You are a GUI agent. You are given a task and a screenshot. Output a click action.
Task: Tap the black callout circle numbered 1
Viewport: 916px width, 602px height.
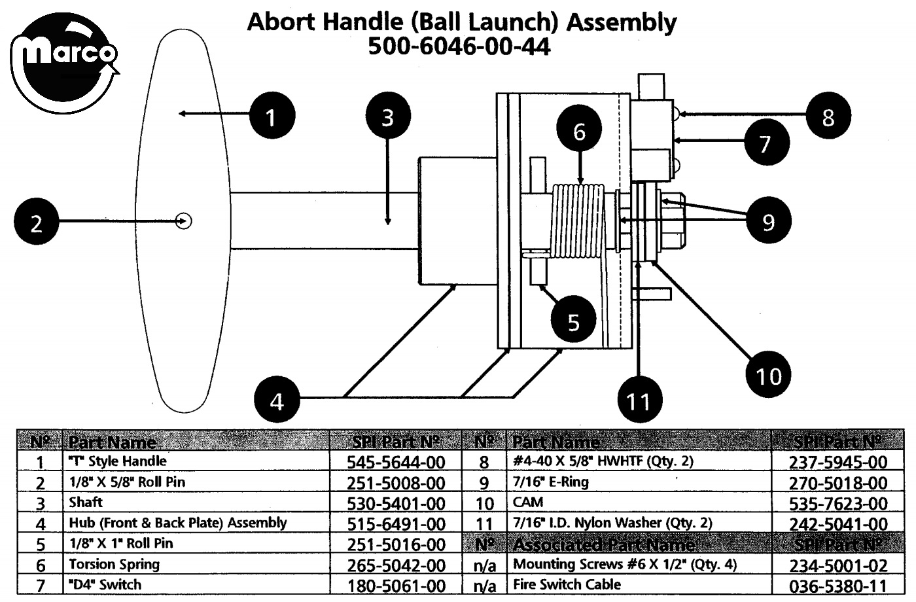pos(272,117)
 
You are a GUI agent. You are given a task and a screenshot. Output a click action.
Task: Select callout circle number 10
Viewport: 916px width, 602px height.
pos(768,375)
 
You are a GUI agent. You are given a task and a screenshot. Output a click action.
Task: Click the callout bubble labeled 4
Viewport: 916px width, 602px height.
pos(277,400)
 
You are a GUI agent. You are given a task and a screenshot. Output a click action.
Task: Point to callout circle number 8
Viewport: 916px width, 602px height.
pos(828,116)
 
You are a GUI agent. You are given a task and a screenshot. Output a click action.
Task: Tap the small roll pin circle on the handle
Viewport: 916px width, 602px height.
pos(185,221)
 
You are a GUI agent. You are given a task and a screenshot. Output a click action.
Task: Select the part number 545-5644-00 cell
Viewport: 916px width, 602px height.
pos(396,462)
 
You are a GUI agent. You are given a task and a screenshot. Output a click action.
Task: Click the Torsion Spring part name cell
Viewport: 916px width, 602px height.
pos(114,564)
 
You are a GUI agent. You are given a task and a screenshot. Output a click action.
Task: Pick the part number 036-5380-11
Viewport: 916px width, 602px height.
pos(838,586)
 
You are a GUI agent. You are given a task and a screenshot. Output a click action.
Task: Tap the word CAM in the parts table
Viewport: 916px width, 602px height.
pos(528,503)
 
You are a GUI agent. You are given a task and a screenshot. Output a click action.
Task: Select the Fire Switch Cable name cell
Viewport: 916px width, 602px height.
pos(567,584)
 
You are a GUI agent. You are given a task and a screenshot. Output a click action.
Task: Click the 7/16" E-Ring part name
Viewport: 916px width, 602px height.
pos(551,482)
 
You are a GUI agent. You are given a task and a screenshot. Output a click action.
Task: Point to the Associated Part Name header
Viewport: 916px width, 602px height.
pos(603,544)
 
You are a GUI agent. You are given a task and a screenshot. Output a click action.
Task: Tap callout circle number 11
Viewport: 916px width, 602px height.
pos(639,400)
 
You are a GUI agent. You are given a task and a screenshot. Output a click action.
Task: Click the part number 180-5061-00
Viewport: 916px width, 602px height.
pos(396,586)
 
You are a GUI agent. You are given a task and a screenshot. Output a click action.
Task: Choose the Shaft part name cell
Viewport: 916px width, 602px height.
pos(86,503)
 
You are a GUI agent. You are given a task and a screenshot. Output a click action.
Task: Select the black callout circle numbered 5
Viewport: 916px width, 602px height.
pos(573,321)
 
